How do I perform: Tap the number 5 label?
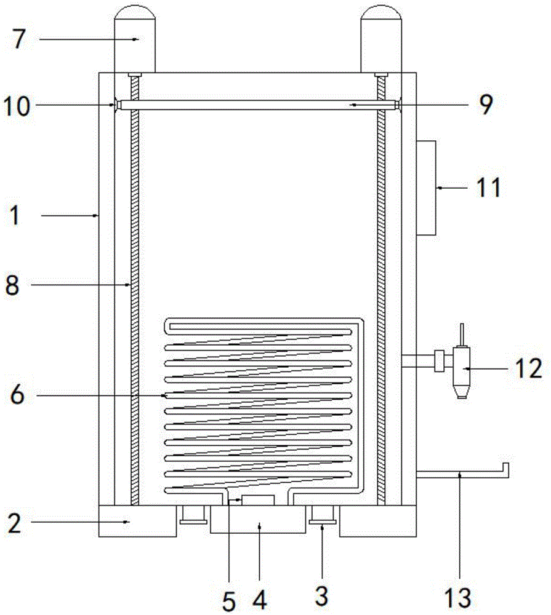pos(229,598)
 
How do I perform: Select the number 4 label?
pos(260,598)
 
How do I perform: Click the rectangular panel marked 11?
pos(426,187)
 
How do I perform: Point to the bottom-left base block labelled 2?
pos(137,521)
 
